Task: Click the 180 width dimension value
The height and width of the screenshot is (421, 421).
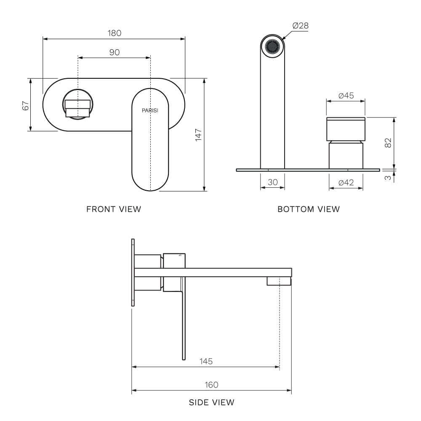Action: click(115, 33)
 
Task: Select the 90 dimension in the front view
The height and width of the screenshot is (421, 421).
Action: click(115, 52)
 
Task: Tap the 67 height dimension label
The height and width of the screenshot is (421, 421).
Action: click(26, 105)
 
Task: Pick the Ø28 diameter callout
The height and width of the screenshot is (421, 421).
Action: click(300, 26)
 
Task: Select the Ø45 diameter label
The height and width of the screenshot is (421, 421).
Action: click(346, 96)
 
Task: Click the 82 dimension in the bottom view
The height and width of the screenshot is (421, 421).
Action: click(388, 143)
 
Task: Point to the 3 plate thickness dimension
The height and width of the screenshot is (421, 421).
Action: click(388, 177)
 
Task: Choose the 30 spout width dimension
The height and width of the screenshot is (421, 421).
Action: click(273, 182)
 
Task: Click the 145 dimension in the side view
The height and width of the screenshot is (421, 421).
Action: click(206, 361)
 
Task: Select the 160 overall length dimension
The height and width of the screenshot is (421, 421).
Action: click(211, 385)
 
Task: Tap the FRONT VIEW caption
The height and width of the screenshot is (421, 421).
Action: click(114, 209)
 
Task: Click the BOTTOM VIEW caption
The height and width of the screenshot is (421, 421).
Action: click(309, 209)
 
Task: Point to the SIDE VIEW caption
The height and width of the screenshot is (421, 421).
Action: click(211, 402)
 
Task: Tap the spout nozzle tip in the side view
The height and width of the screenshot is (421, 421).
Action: click(279, 282)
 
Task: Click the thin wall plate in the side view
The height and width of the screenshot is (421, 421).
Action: click(133, 272)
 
